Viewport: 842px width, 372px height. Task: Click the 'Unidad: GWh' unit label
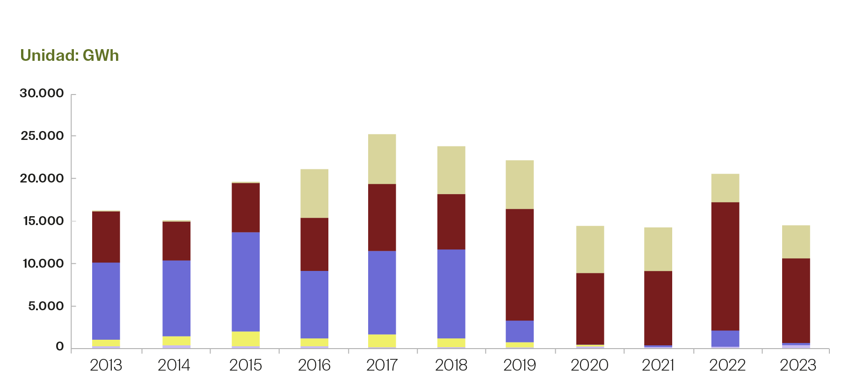click(69, 56)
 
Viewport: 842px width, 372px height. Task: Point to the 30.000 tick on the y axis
click(42, 94)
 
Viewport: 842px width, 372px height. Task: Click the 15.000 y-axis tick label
click(43, 221)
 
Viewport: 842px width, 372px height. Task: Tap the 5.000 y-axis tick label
click(45, 306)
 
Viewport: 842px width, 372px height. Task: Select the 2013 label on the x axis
click(106, 365)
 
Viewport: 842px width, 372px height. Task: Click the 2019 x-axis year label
click(519, 365)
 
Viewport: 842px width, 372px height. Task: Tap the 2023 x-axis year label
click(798, 365)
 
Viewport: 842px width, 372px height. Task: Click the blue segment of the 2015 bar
click(246, 282)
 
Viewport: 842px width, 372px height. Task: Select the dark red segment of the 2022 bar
click(725, 266)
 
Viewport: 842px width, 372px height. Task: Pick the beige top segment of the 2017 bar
click(382, 159)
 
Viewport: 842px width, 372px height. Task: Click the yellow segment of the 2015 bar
click(246, 338)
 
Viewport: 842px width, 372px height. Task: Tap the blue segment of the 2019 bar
click(519, 331)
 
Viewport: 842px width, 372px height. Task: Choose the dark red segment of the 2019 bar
click(519, 264)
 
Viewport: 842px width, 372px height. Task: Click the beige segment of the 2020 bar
click(590, 249)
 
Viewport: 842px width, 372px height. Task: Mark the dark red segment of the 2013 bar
click(106, 237)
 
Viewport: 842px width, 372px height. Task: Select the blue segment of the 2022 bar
click(725, 338)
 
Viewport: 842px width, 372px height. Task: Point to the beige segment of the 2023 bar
click(796, 241)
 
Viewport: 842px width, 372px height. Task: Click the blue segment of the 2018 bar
click(451, 293)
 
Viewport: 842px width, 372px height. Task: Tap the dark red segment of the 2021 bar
click(658, 308)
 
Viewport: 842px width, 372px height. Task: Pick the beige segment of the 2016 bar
click(314, 193)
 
